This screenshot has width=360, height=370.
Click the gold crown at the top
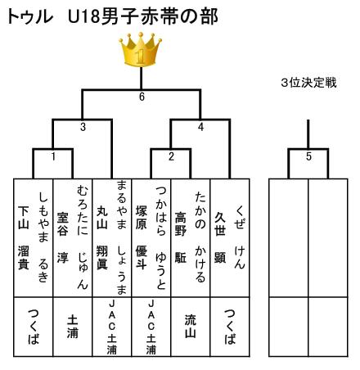tap(140, 50)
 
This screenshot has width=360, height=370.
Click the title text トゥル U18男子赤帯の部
tap(112, 16)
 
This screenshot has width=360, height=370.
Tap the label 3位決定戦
tap(308, 83)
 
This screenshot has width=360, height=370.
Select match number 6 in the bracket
tap(142, 97)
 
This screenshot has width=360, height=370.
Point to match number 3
tap(83, 127)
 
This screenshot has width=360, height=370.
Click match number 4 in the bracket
tap(200, 127)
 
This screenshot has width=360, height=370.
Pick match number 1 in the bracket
tap(53, 156)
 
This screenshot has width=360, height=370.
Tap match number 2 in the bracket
tap(171, 156)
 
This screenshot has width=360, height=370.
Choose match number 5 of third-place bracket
tap(308, 156)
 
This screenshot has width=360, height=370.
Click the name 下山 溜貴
tap(24, 237)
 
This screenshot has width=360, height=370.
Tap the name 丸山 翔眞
tap(102, 237)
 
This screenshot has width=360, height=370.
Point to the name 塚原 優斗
tap(142, 237)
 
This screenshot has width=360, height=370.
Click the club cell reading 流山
tap(191, 327)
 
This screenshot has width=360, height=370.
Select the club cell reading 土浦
tap(73, 327)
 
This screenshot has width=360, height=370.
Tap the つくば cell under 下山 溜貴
tap(34, 327)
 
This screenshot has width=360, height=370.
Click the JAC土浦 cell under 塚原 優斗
tap(151, 327)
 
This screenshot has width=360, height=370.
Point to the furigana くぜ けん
tap(239, 237)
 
